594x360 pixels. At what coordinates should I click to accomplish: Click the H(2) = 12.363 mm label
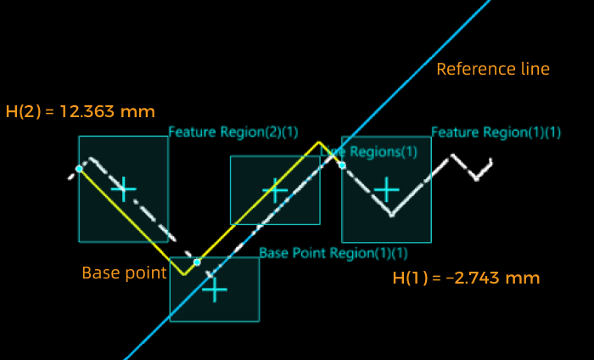click(x=81, y=111)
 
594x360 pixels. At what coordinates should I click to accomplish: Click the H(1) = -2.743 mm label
click(x=466, y=278)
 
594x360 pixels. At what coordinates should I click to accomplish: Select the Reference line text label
click(x=493, y=69)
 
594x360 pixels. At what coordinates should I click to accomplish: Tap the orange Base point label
click(x=124, y=273)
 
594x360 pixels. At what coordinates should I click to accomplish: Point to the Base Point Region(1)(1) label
click(x=333, y=253)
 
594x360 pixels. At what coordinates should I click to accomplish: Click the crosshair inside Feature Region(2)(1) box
click(x=124, y=188)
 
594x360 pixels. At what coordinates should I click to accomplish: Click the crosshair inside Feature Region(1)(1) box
click(x=387, y=189)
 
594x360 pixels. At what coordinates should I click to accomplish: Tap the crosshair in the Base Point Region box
click(x=214, y=290)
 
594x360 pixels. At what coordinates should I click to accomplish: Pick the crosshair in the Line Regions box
click(x=275, y=190)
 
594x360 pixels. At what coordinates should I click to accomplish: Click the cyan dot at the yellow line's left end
click(x=79, y=169)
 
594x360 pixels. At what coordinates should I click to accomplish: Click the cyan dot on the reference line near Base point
click(x=197, y=262)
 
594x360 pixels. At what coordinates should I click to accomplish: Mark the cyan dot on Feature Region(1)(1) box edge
click(x=342, y=165)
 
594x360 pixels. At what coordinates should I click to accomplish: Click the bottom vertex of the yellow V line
click(x=183, y=274)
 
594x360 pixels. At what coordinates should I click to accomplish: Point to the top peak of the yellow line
click(x=319, y=142)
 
